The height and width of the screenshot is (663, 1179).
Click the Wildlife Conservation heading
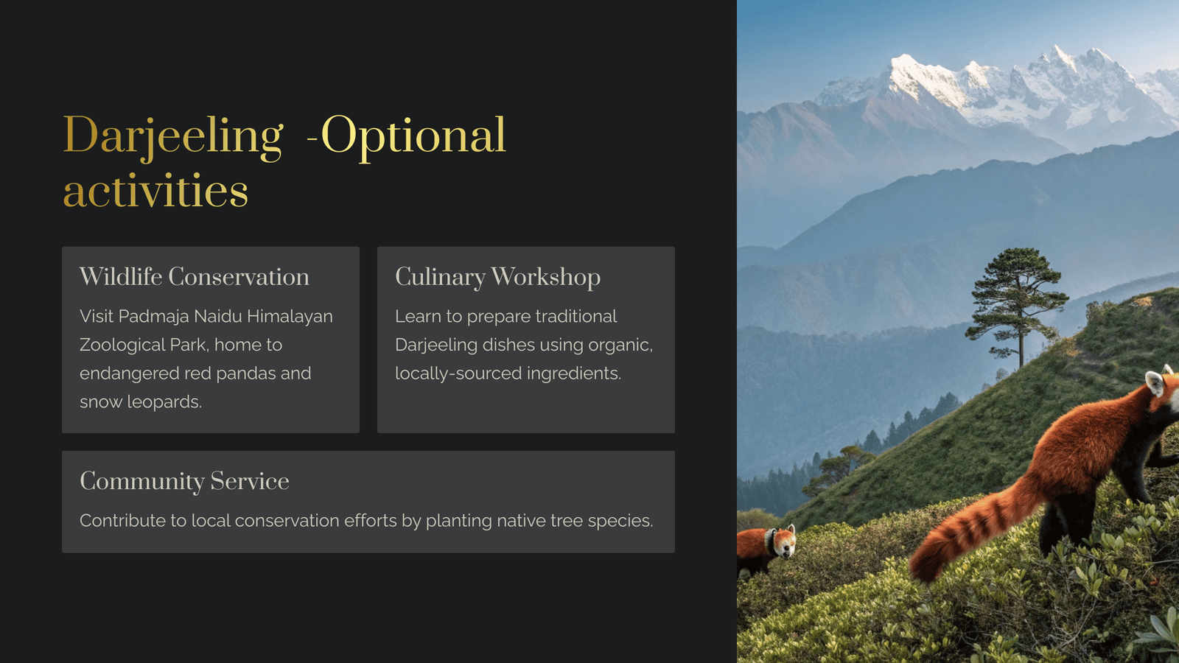[195, 277]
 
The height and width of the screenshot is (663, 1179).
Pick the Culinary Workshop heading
[497, 277]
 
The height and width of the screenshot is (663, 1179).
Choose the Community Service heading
[184, 482]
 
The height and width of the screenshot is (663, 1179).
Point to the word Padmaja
[154, 317]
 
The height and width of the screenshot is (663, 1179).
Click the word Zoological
[122, 345]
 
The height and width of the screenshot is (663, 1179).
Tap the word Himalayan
[290, 317]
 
